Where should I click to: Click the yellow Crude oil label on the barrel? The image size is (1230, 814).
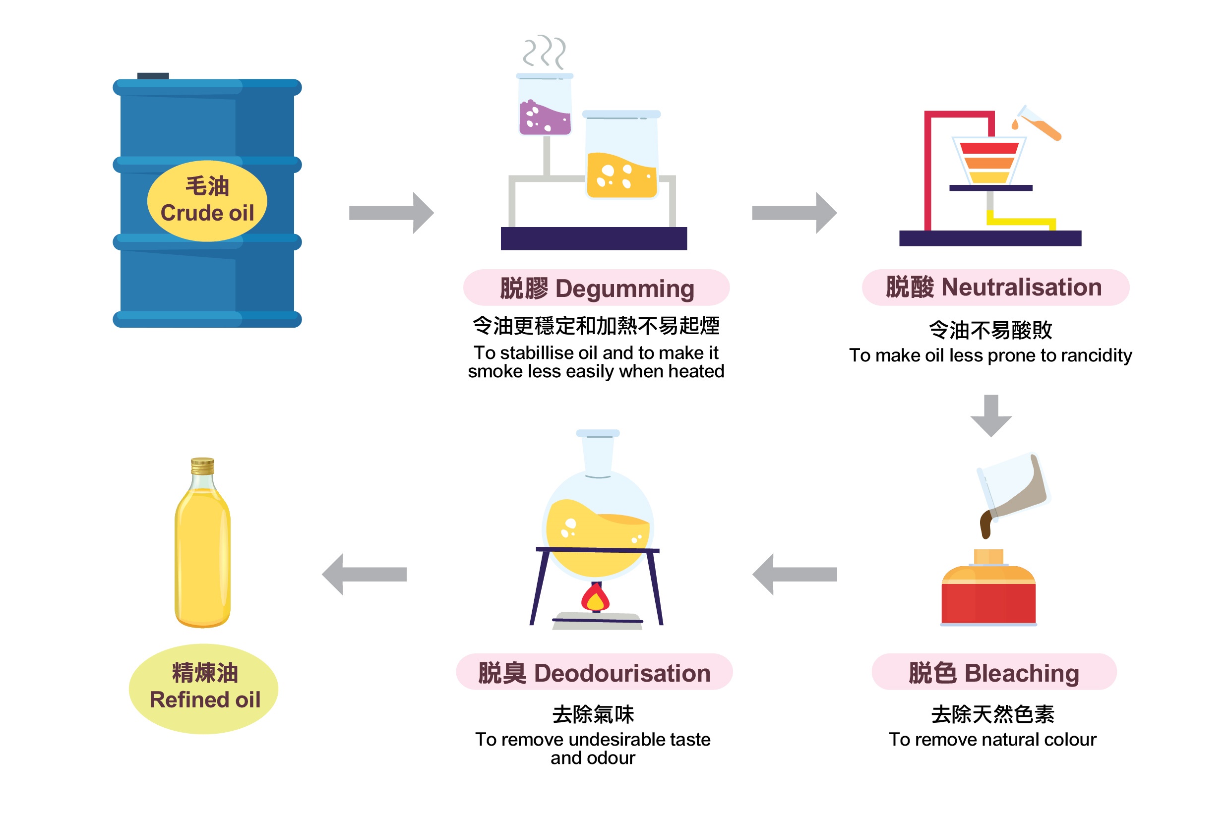coord(207,201)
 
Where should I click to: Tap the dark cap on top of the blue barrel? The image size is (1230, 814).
coord(153,76)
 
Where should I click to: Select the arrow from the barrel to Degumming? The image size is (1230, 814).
coord(391,213)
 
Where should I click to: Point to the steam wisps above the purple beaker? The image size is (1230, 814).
coord(544,52)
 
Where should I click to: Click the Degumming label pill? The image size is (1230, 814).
coord(596,288)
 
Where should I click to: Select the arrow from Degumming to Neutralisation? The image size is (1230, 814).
coord(794,213)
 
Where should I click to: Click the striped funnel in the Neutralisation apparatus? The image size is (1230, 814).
coord(988,161)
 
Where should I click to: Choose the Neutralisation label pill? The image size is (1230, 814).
coord(995,287)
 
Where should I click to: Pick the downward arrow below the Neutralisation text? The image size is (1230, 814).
coord(990,415)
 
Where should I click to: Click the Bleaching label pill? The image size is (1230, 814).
coord(993,673)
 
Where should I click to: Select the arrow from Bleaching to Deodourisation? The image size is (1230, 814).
coord(795,574)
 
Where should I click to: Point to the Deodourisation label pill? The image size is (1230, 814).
coord(594,673)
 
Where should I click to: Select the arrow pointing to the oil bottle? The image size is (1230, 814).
coord(364,574)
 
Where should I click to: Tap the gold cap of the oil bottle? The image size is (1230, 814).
coord(202,465)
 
